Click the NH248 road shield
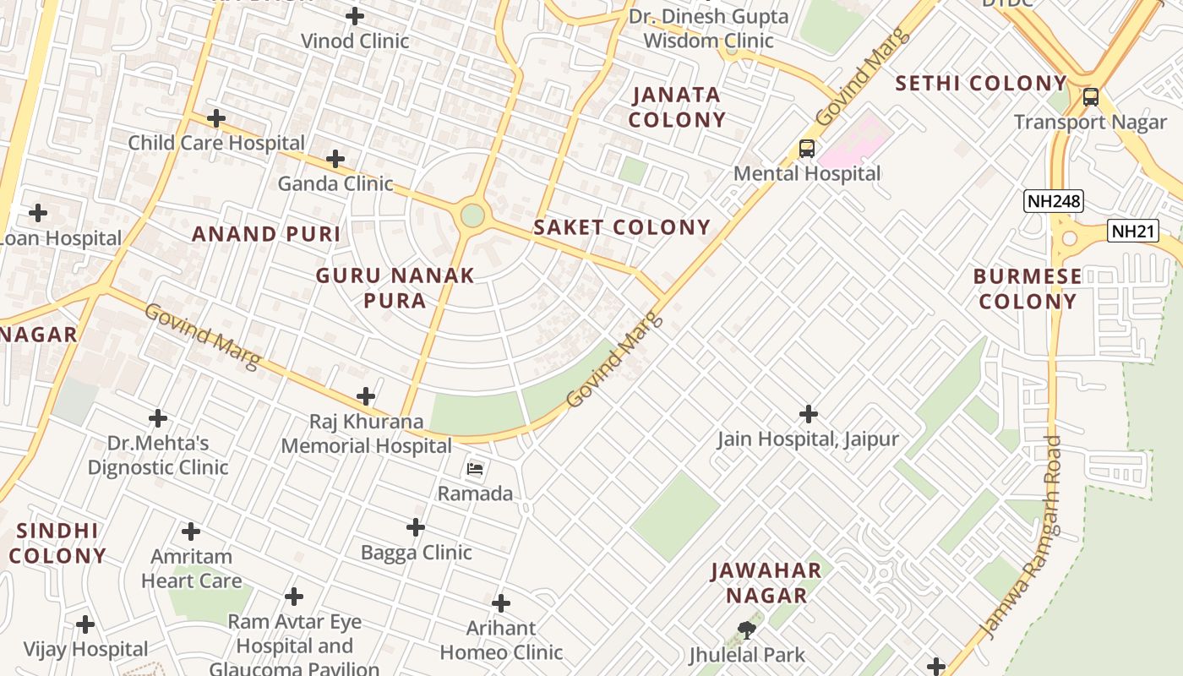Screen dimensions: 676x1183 pos(1053,201)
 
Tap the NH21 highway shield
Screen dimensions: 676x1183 pos(1132,232)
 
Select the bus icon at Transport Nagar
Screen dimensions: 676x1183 pos(1090,96)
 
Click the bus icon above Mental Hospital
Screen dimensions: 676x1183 pos(807,149)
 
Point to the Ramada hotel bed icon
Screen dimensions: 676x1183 pos(475,468)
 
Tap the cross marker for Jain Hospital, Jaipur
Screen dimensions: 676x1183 pos(809,414)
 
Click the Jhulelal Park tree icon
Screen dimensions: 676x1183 pos(746,630)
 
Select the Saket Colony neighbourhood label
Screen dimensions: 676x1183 pos(622,227)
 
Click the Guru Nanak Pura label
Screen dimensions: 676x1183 pos(395,288)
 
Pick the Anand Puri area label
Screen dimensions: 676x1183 pos(266,234)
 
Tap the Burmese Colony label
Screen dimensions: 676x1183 pos(1028,289)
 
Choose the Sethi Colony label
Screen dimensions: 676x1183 pos(981,84)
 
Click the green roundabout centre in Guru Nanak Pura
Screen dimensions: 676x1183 pos(472,215)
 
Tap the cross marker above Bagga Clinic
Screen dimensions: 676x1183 pos(416,527)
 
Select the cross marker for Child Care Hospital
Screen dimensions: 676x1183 pos(216,118)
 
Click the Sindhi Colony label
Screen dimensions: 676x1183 pos(57,543)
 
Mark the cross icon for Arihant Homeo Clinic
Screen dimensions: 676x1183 pos(501,603)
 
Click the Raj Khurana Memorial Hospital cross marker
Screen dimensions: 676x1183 pos(366,396)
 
